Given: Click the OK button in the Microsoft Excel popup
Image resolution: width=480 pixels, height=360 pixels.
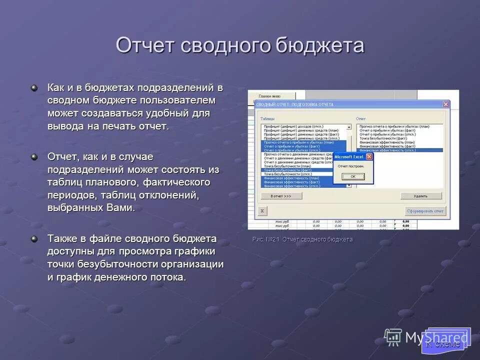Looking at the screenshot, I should click(353, 176).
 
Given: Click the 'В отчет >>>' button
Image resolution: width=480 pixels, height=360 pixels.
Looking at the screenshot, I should click(281, 196).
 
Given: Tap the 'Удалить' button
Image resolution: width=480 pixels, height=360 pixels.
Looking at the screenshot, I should click(421, 196).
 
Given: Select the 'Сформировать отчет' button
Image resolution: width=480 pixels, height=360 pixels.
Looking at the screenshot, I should click(424, 211).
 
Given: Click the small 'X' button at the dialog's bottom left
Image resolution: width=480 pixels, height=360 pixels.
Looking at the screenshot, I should click(262, 211).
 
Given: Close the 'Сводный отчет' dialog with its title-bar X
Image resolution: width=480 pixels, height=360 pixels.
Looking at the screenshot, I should click(445, 104).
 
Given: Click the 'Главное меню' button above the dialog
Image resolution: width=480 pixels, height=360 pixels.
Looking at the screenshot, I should click(269, 95).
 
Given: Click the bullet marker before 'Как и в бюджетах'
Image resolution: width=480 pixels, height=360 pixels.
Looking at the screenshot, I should click(34, 88).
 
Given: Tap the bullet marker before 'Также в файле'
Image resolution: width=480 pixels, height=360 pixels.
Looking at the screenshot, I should click(34, 238).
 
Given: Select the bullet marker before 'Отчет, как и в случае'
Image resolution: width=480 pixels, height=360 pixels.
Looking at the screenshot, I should click(34, 157).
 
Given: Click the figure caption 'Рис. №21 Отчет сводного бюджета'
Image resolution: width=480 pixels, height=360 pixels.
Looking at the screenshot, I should click(302, 239).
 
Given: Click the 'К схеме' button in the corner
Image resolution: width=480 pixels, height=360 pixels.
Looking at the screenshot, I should click(442, 343).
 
